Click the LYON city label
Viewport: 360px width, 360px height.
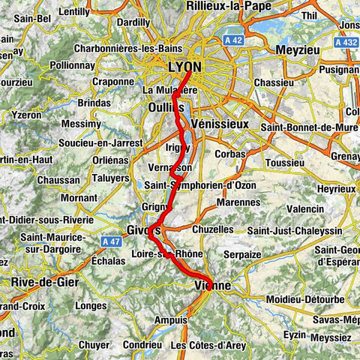[x=184, y=67]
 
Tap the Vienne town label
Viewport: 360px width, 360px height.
[x=212, y=285]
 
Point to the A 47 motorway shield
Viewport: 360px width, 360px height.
[x=109, y=240]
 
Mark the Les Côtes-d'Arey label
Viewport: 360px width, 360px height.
[x=208, y=345]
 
